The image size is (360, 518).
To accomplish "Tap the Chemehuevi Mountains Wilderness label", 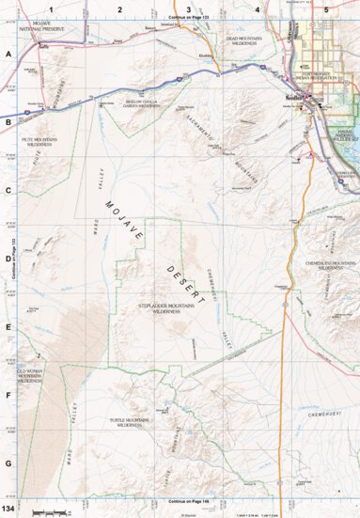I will pyautogui.click(x=330, y=266).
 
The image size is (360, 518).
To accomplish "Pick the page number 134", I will pyautogui.click(x=9, y=508).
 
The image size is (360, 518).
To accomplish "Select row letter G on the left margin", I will pyautogui.click(x=8, y=463).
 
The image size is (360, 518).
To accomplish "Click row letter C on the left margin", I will pyautogui.click(x=8, y=189).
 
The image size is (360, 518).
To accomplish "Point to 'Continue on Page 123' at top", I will pyautogui.click(x=188, y=18).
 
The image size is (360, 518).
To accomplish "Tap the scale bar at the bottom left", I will pyautogui.click(x=47, y=510).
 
